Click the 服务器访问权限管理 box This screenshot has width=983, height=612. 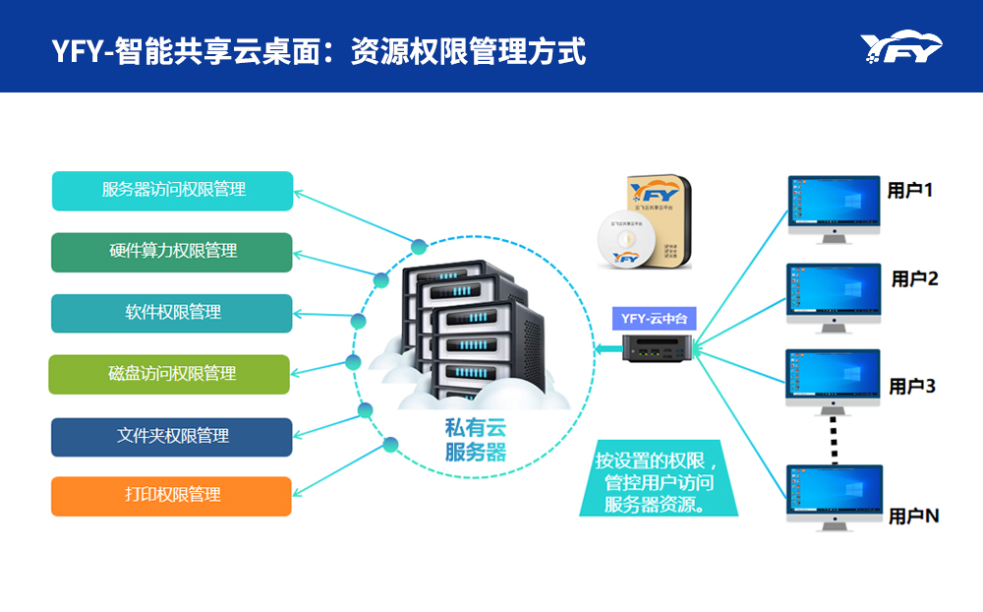click(x=172, y=191)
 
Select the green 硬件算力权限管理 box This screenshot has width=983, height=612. click(x=172, y=252)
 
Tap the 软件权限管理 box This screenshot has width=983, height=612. click(x=172, y=313)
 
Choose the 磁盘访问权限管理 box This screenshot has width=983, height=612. click(x=170, y=374)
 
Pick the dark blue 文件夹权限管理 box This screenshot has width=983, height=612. click(x=172, y=436)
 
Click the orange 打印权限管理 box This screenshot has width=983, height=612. click(x=172, y=496)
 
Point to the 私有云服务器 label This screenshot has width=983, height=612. click(x=476, y=440)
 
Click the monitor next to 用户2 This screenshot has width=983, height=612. click(x=833, y=294)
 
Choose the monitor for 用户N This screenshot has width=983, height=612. click(x=834, y=495)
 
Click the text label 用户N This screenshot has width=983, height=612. click(x=913, y=516)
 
